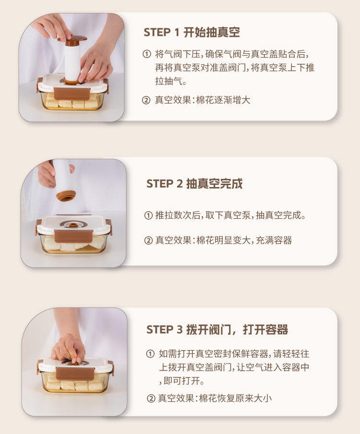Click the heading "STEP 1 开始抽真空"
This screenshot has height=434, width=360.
point(192,33)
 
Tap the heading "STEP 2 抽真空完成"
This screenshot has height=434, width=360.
point(194,184)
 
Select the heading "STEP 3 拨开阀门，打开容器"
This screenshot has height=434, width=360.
point(217,329)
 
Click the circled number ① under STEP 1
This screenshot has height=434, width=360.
point(146,54)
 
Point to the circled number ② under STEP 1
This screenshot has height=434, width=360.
point(146,100)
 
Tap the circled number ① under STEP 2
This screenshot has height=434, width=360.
point(148,215)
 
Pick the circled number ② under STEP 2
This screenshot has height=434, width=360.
point(148,240)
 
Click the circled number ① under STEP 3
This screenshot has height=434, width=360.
point(150,353)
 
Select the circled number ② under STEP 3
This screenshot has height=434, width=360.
point(151,399)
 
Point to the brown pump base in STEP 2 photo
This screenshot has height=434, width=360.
point(66,195)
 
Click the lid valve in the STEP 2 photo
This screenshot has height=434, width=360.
point(73,225)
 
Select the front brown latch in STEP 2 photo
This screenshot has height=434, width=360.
point(73,237)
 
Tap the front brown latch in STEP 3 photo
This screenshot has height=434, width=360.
point(75,374)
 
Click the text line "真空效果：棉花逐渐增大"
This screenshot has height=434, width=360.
point(203,100)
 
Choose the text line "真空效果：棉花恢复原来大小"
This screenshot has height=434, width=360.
point(215,399)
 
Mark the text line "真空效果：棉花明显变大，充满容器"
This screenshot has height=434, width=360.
point(224,240)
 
